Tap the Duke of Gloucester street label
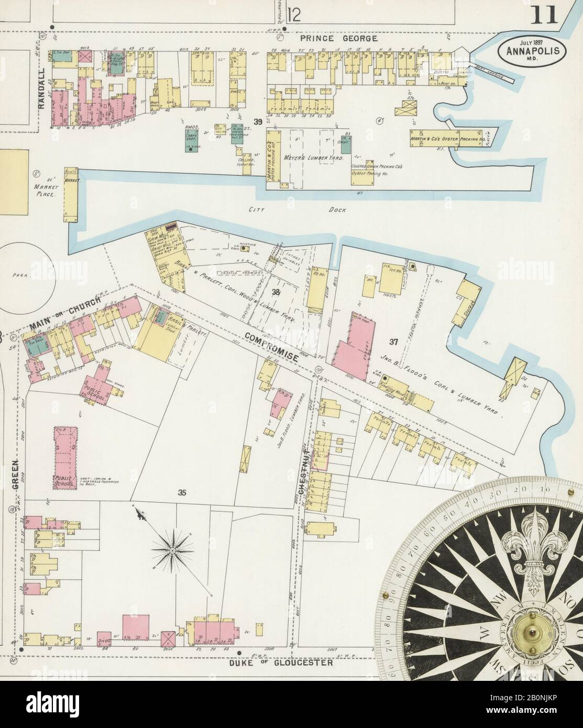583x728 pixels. point(282,663)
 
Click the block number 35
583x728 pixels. point(182,492)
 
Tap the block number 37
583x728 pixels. point(394,341)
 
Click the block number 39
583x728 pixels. point(257,122)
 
